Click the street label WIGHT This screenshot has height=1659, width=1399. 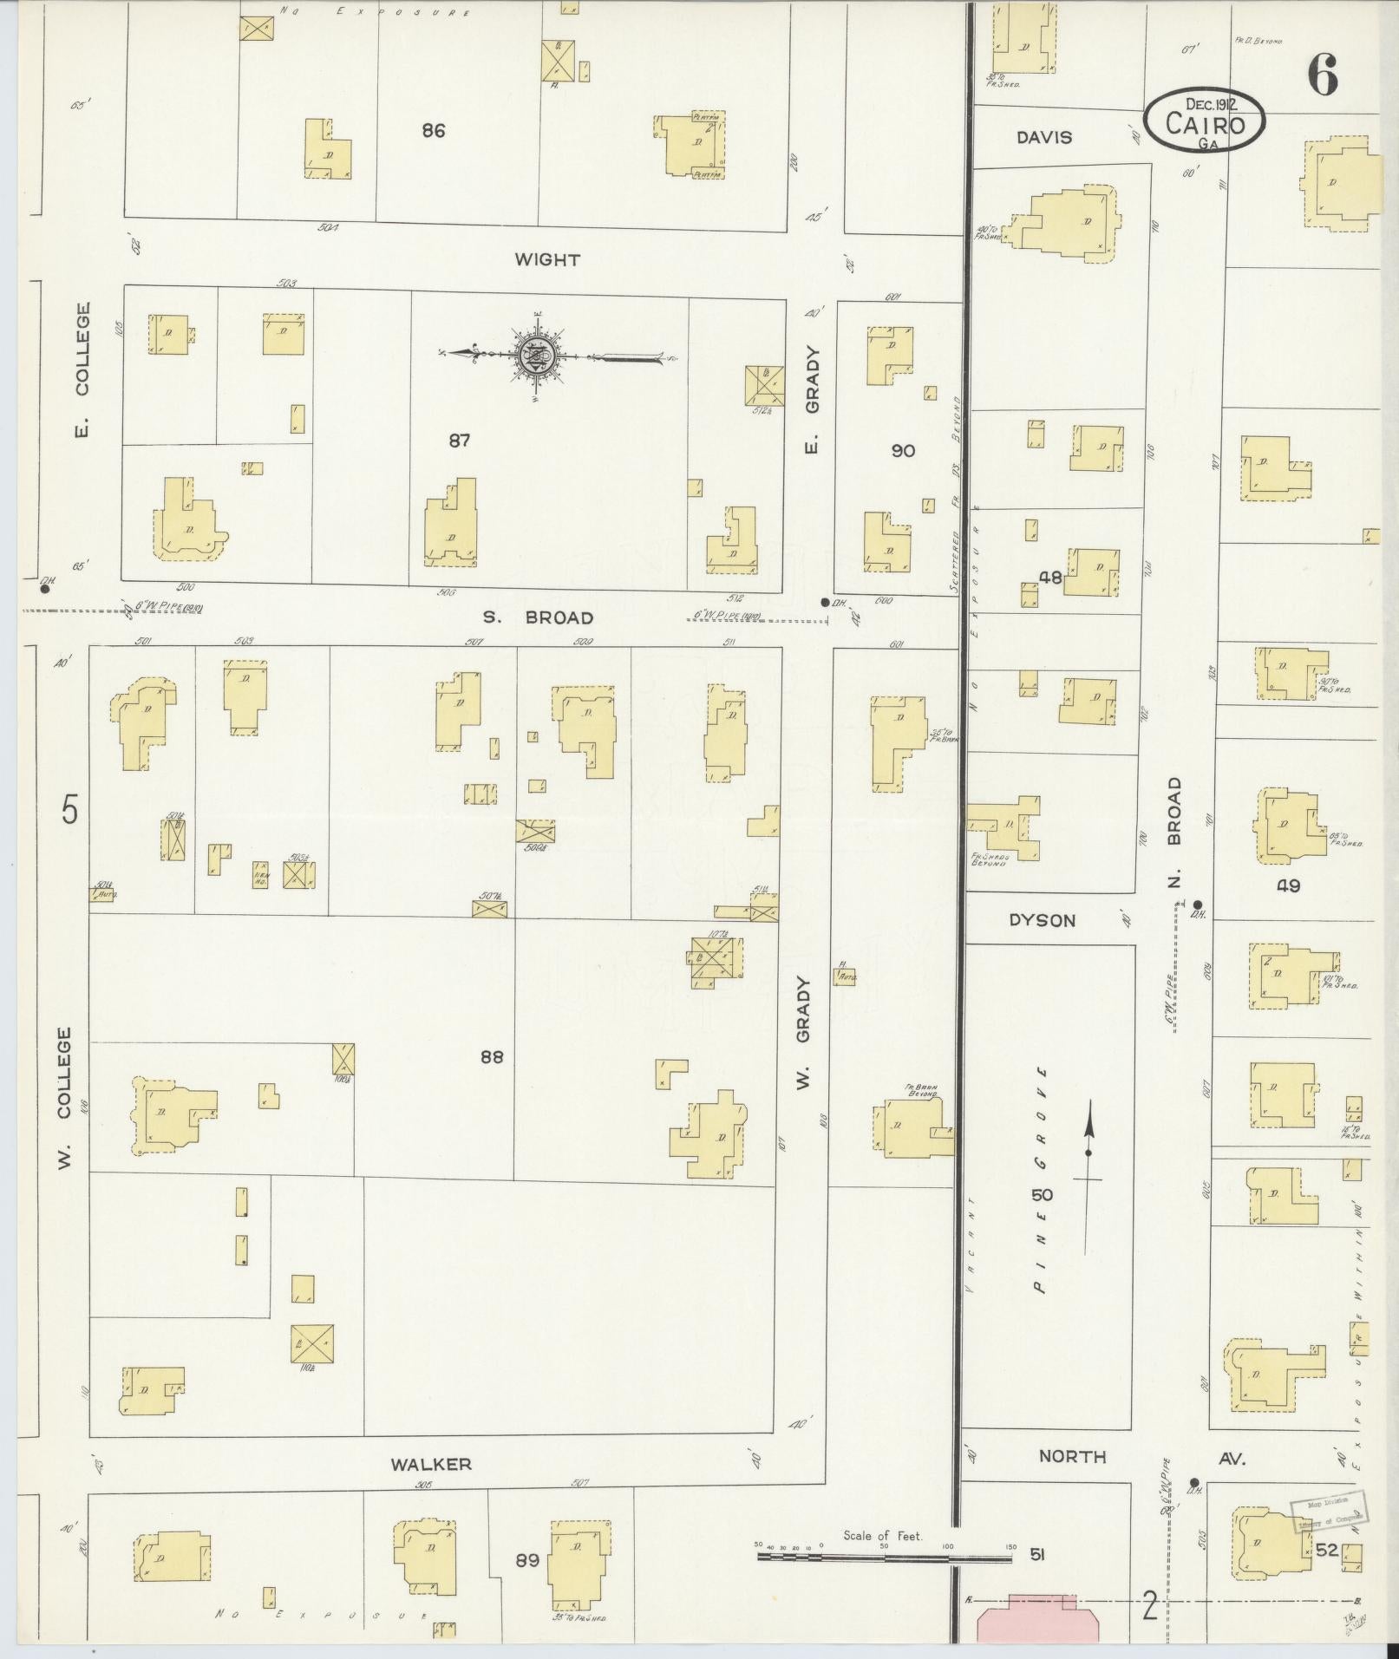(x=546, y=259)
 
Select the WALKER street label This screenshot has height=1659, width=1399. (x=431, y=1464)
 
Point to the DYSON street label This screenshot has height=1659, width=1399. (x=1042, y=920)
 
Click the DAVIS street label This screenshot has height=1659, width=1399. (x=1044, y=137)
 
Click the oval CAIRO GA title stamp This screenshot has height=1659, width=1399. (x=1204, y=123)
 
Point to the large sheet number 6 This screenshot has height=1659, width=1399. (x=1322, y=76)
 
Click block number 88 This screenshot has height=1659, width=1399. (x=492, y=1056)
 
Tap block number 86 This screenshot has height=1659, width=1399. (x=434, y=131)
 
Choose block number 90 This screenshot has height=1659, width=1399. (x=903, y=450)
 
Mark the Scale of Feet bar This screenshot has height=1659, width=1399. (x=884, y=1558)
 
